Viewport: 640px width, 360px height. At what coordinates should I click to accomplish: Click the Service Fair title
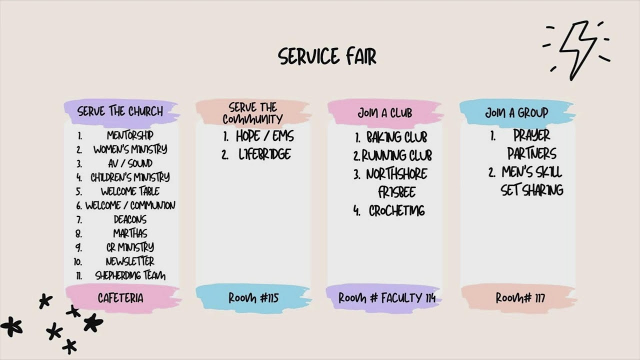pos(327,56)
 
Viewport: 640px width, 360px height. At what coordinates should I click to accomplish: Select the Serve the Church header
pos(120,111)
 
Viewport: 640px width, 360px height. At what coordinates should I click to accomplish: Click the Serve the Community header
pos(252,113)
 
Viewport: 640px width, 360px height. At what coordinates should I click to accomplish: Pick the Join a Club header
pos(385,113)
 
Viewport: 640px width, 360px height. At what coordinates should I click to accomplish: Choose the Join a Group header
pos(516,112)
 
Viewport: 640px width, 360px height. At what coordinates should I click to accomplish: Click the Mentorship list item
pos(130,135)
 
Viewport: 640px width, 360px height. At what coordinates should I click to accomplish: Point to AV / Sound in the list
pos(130,163)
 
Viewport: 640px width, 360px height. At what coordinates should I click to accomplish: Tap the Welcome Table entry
pos(130,191)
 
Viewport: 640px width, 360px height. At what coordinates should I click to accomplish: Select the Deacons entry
pos(130,219)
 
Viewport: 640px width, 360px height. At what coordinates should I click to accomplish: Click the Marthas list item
pos(130,233)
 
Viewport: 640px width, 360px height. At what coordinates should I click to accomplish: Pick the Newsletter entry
pos(130,261)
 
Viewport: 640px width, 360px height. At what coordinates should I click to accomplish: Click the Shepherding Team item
pos(130,275)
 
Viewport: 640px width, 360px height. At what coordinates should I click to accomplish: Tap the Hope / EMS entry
pos(264,136)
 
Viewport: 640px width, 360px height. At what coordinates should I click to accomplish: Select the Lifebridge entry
pos(264,154)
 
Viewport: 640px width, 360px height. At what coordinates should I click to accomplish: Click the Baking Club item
pos(397,137)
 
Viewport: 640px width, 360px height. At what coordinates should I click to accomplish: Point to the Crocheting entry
pos(397,211)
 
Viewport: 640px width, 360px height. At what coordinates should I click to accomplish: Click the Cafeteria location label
pos(120,298)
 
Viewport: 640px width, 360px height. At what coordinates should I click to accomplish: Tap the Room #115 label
pos(253,298)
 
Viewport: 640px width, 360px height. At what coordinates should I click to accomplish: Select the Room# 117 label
pos(520,298)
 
